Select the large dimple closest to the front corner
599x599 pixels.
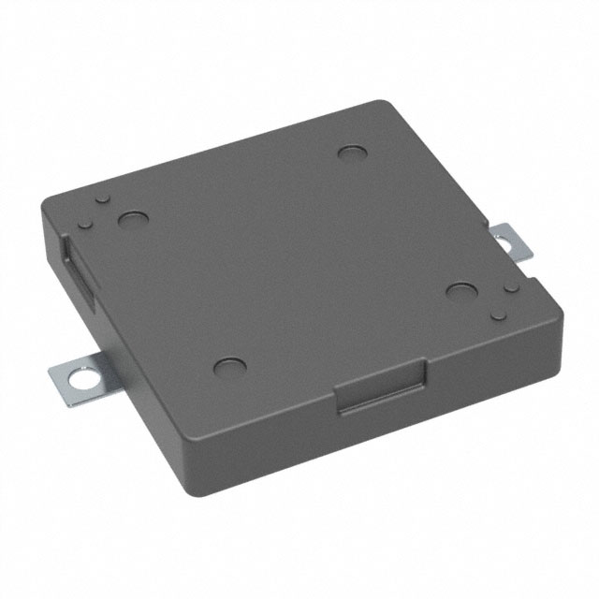(227, 366)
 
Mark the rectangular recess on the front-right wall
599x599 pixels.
(382, 389)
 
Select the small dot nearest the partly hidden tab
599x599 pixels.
(507, 289)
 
